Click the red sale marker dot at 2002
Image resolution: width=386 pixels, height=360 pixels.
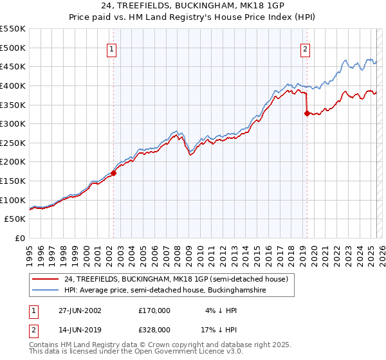coord(114,173)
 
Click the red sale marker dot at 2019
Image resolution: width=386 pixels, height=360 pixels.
coord(307,113)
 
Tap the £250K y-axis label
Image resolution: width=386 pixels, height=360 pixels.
coord(13,143)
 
